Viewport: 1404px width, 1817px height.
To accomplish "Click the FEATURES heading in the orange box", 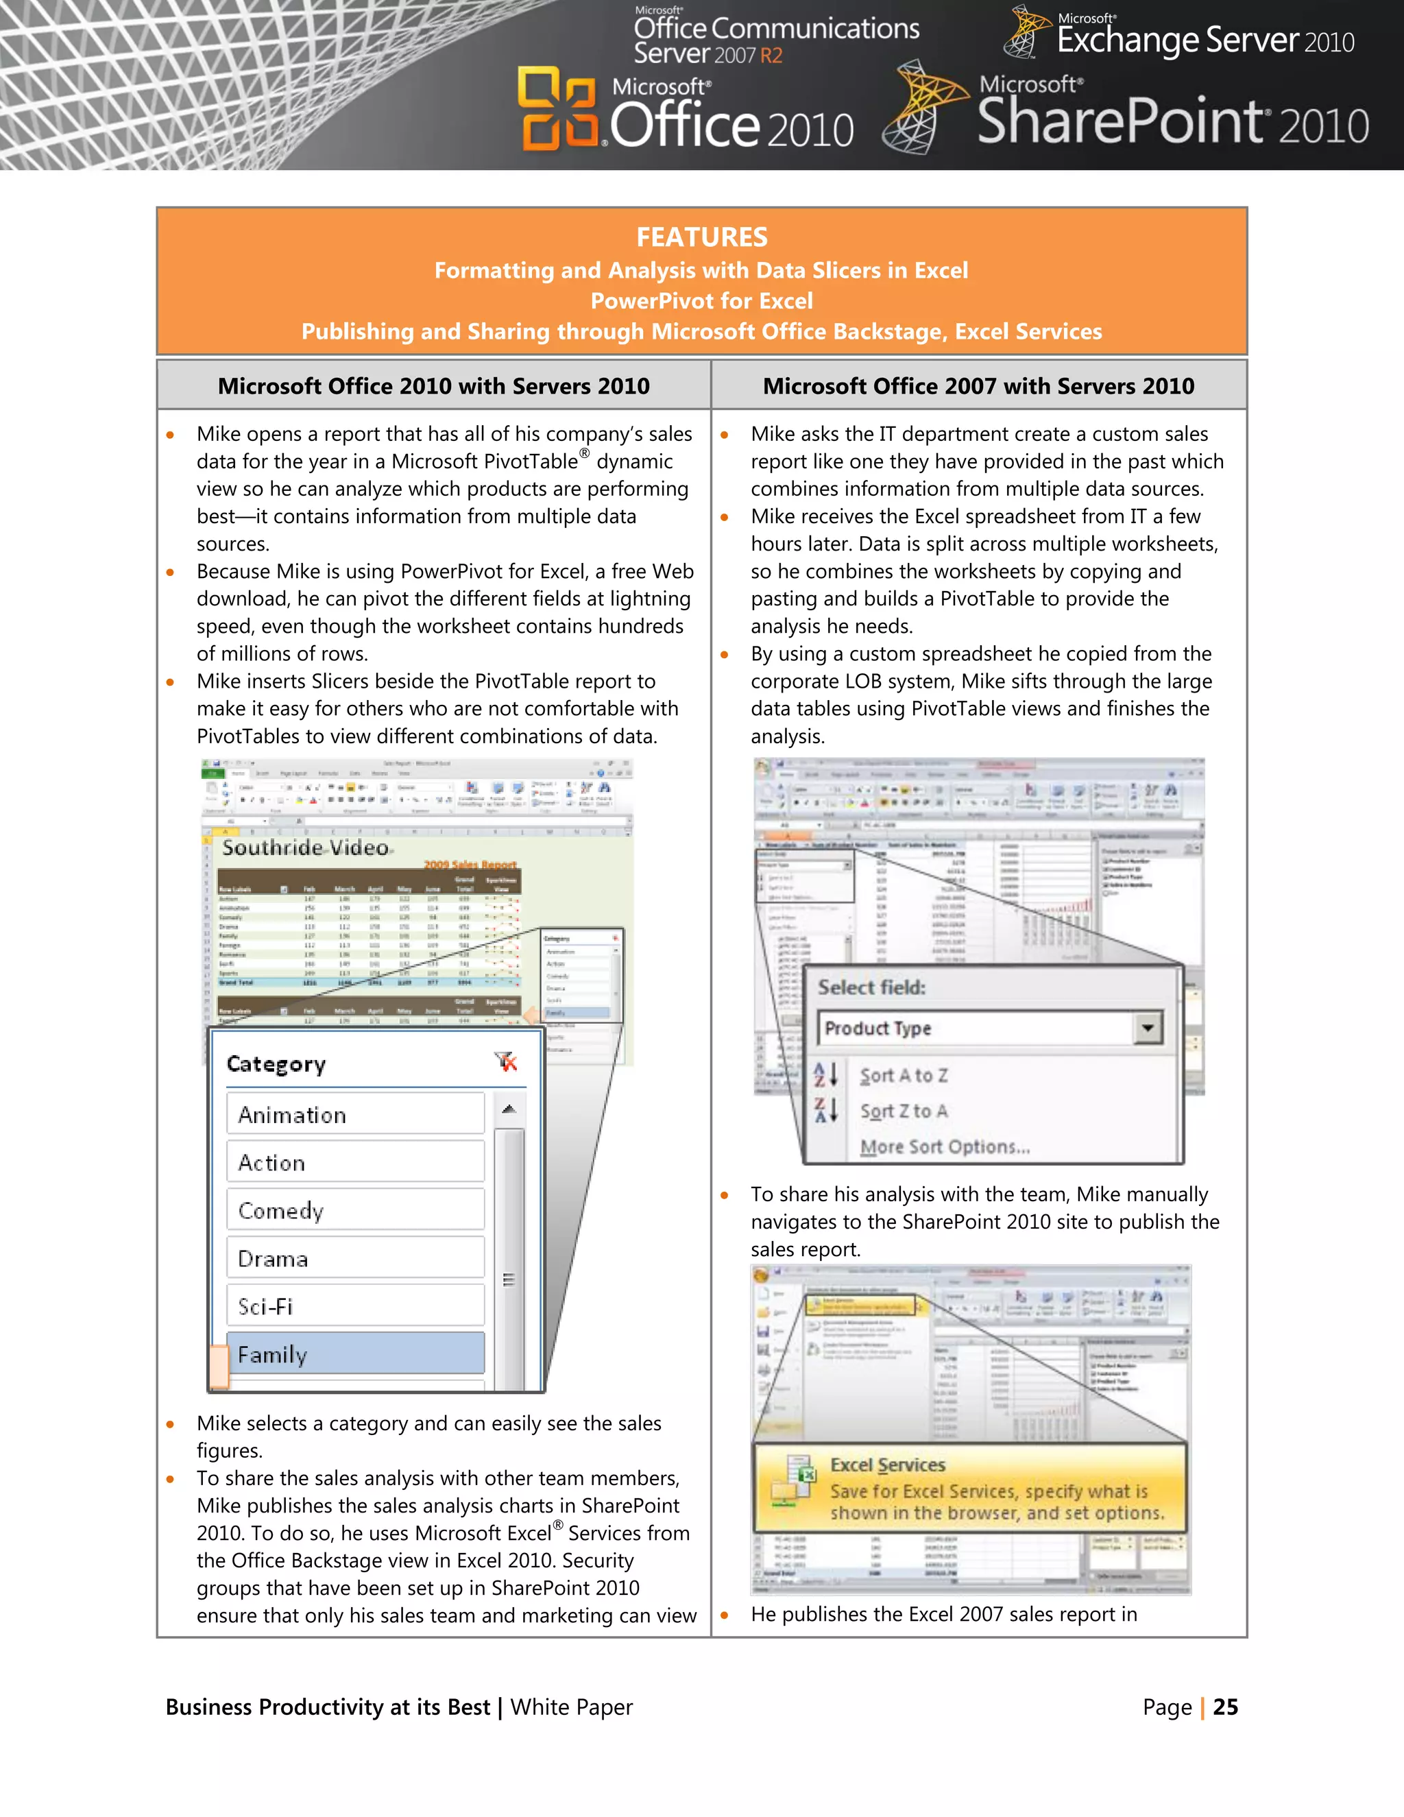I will tap(701, 237).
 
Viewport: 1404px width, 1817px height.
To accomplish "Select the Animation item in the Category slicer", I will tap(355, 1115).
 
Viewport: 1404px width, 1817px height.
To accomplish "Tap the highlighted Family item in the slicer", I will tap(355, 1354).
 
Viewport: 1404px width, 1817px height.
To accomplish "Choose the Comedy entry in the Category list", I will tap(355, 1210).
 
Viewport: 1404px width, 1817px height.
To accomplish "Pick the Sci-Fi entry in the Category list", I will tap(355, 1306).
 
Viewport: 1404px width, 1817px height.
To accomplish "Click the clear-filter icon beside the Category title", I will tap(506, 1062).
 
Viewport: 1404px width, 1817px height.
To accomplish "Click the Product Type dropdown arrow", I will tap(1148, 1028).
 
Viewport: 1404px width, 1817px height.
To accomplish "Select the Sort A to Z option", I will tap(904, 1076).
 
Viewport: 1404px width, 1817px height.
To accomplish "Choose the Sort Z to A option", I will tap(904, 1111).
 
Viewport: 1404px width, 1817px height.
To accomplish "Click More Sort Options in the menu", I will tap(945, 1147).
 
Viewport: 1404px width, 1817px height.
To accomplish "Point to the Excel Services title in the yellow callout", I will tap(888, 1465).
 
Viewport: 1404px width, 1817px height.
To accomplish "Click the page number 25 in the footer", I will tap(1225, 1707).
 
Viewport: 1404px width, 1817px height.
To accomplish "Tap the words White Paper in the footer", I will tap(572, 1707).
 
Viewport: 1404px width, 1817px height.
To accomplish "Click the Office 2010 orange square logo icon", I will tap(557, 109).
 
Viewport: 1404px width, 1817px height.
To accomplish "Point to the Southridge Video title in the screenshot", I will tap(305, 847).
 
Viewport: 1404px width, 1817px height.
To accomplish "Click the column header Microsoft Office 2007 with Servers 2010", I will tap(978, 386).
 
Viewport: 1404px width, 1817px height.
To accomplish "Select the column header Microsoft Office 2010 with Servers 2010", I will tap(433, 386).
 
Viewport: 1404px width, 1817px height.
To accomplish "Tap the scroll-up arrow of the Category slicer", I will tap(509, 1109).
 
